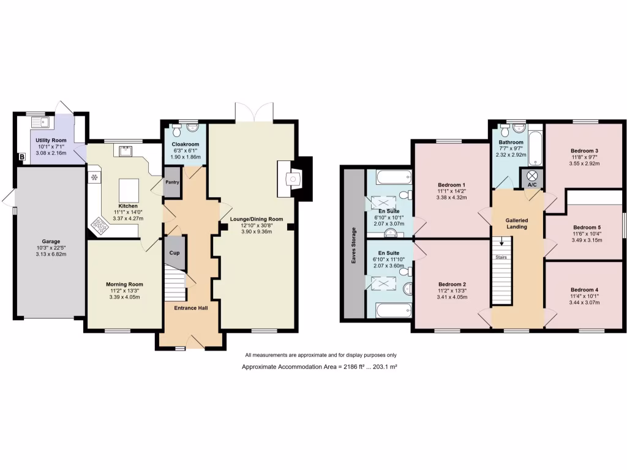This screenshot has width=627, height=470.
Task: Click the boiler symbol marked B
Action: pos(23,157)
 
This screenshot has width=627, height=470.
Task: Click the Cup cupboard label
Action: pos(174,252)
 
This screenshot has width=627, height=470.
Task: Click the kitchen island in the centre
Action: pos(128,188)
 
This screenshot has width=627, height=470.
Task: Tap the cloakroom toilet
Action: pos(177,130)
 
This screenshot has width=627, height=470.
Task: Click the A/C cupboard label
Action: pos(531,184)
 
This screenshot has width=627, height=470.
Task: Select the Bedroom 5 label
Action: pos(584,226)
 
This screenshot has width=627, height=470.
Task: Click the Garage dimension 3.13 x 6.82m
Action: pos(51,254)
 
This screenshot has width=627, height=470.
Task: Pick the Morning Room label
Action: pos(124,284)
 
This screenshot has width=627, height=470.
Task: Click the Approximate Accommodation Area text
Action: pos(321,366)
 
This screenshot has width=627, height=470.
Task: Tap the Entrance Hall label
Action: pos(191,308)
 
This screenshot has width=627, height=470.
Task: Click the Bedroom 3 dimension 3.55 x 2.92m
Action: pos(584,164)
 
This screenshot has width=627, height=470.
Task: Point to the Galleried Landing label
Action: pos(517,223)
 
